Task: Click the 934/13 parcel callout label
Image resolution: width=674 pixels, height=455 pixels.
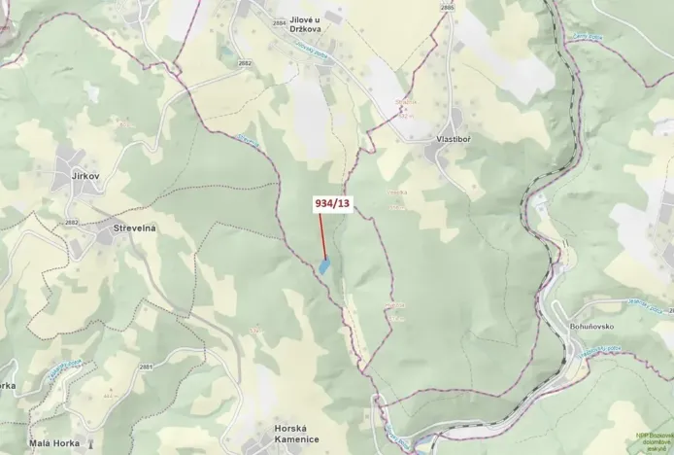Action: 330,203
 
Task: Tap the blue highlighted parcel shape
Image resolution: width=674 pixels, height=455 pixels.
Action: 324,263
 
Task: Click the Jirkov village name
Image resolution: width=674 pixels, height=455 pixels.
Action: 86,177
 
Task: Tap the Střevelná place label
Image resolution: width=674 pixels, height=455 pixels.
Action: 135,227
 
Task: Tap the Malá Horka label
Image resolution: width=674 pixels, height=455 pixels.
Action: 53,442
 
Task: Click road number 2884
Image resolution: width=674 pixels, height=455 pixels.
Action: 280,21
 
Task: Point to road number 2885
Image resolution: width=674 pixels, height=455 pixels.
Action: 447,8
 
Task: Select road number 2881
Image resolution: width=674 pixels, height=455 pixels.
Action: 146,367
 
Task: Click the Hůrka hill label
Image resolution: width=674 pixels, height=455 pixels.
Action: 394,304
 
